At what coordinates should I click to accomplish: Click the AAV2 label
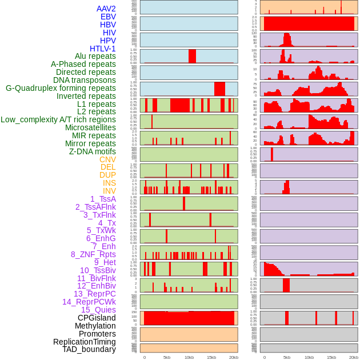106,9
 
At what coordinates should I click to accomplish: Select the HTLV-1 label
103,49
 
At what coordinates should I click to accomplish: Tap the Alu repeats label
95,57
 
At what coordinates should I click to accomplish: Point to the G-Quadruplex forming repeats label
61,88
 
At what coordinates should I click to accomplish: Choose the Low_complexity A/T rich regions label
58,119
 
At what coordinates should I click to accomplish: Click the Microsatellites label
90,127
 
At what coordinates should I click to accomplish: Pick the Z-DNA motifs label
93,151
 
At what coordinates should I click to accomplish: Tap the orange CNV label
107,159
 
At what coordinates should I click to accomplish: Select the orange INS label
109,183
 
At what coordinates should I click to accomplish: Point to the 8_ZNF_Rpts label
93,254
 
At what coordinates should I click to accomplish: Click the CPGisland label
97,318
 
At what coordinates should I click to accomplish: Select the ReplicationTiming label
85,342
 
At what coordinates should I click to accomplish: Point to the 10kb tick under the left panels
189,357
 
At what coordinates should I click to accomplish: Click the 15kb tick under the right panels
331,357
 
